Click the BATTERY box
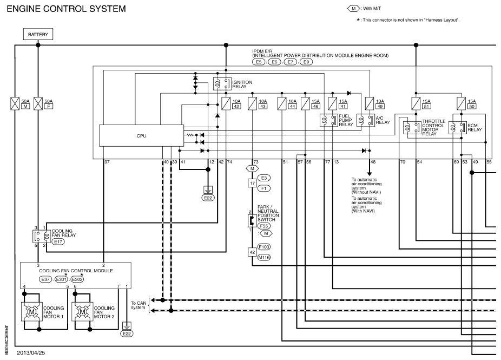38,34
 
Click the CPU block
141,135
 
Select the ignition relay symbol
222,84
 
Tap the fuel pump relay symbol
329,120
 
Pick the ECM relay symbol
458,128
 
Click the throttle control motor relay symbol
412,128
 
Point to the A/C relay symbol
366,120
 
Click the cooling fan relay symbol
42,236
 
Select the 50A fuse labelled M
15,103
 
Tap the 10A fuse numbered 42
226,103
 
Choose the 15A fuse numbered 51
416,103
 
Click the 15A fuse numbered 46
305,103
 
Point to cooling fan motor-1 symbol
31,312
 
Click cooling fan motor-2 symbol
82,312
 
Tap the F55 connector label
264,226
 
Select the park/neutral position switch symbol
252,221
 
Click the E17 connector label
58,241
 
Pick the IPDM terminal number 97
107,162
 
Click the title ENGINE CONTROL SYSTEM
67,9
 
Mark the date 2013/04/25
31,353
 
